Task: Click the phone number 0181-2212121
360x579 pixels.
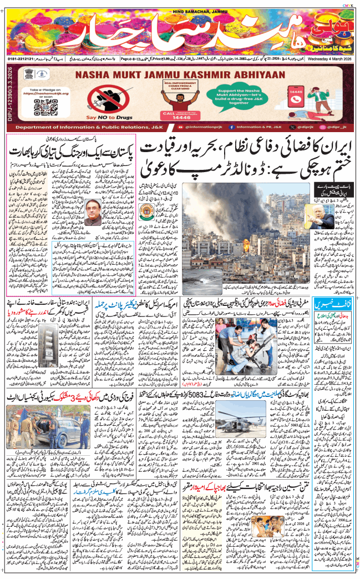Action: (x=22, y=58)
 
